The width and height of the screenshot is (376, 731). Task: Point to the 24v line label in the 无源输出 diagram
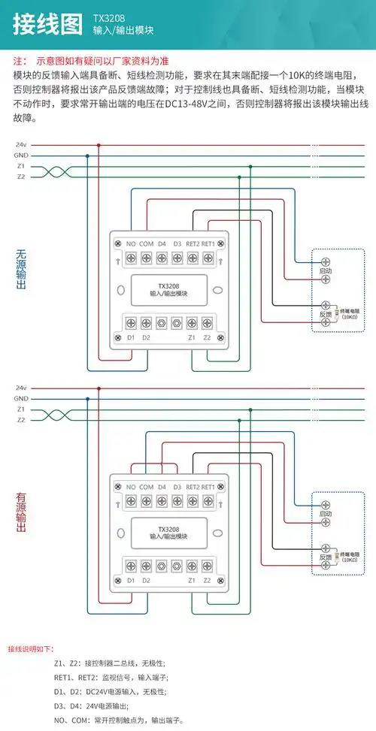click(x=21, y=144)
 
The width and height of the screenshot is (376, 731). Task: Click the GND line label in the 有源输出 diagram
click(x=21, y=398)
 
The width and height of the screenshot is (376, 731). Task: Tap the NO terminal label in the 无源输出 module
click(x=130, y=244)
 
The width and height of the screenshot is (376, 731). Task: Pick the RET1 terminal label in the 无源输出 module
click(x=208, y=244)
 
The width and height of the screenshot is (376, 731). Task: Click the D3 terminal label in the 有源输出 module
click(x=177, y=487)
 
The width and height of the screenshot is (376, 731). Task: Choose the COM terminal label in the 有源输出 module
click(x=146, y=487)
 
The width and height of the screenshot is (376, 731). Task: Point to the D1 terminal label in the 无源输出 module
click(x=130, y=337)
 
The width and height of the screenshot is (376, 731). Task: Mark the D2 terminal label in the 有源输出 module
click(x=146, y=580)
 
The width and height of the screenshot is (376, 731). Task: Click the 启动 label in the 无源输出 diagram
click(x=326, y=269)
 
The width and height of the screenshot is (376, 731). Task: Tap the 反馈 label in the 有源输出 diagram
click(x=326, y=557)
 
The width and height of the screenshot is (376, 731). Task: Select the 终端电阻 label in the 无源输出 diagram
click(x=350, y=310)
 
